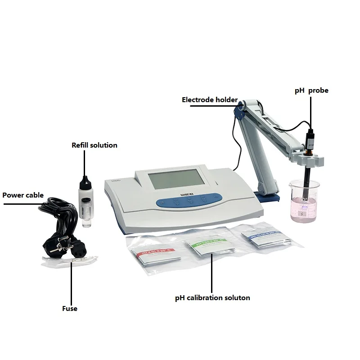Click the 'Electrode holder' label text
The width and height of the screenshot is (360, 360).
coord(209,99)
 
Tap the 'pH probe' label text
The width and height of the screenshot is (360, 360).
coord(311,90)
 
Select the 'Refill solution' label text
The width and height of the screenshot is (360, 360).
coord(94,145)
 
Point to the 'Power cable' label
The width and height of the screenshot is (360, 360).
coord(23,195)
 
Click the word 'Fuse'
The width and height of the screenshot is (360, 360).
coord(70,309)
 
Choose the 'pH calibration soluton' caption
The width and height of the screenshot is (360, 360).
coord(212,298)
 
